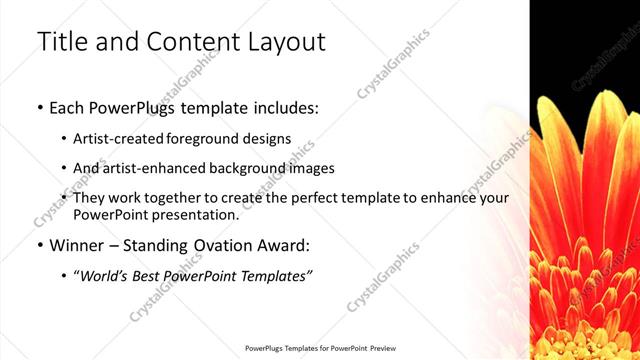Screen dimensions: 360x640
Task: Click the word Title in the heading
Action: [62, 42]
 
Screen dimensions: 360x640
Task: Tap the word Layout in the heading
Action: [284, 42]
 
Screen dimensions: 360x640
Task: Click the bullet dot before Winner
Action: [39, 245]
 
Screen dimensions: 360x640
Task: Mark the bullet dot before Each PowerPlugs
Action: [39, 106]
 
